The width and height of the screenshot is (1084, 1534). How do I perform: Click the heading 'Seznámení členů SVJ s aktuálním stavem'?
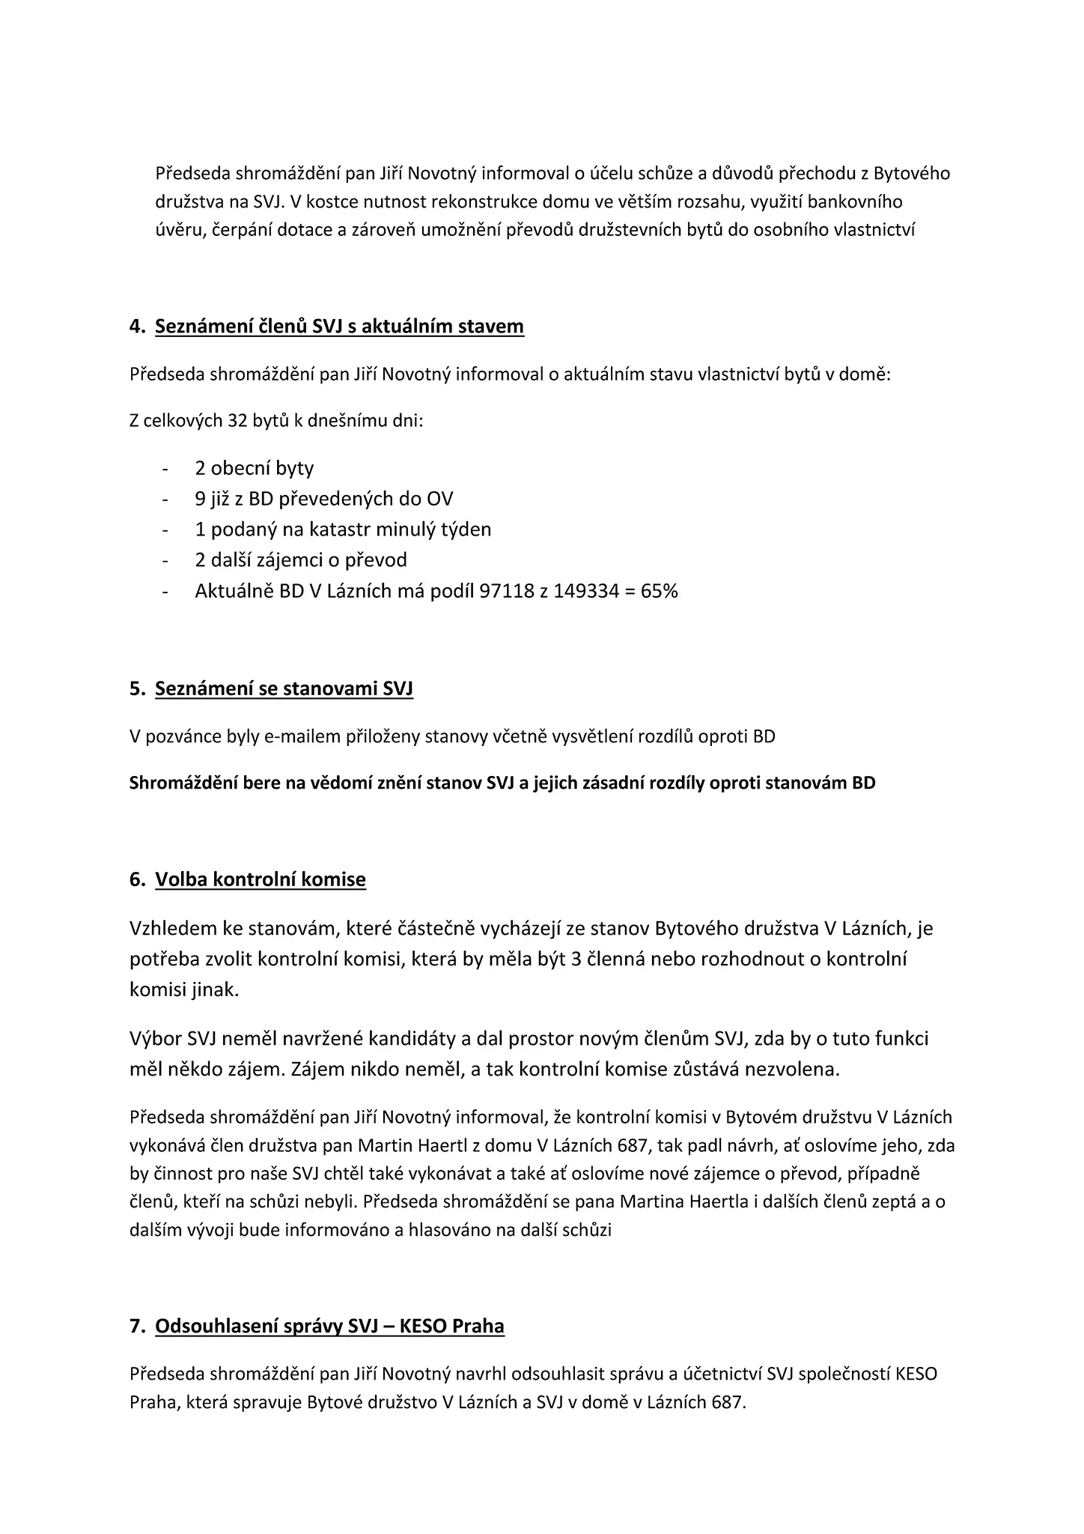(x=339, y=327)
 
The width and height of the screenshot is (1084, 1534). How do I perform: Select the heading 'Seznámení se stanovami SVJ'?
(x=284, y=689)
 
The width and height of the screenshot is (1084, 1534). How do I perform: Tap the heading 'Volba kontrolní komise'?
(x=261, y=879)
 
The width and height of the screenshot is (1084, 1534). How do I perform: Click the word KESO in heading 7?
(x=424, y=1326)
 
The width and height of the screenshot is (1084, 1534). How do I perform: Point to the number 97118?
(x=506, y=591)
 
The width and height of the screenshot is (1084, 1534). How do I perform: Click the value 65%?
(x=660, y=591)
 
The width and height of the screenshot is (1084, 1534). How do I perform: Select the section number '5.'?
(x=137, y=689)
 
